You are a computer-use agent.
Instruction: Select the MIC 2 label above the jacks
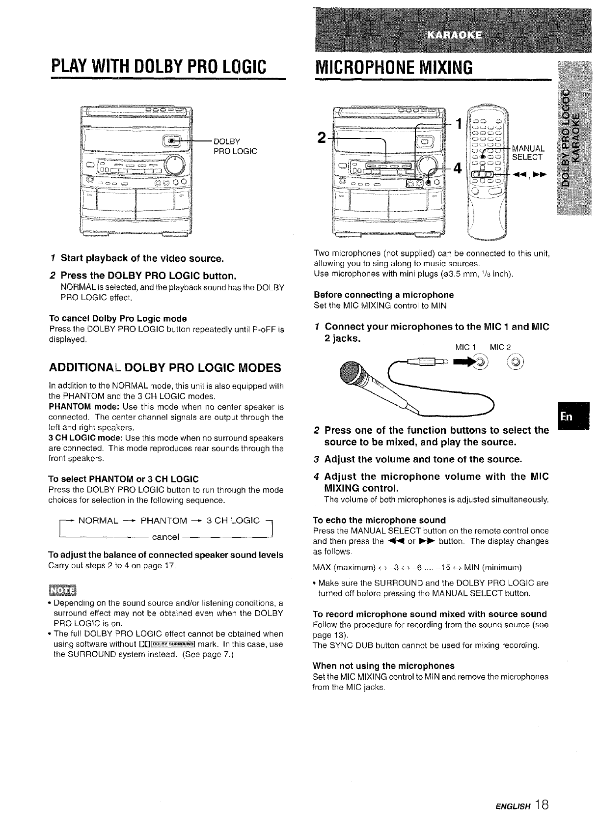(501, 348)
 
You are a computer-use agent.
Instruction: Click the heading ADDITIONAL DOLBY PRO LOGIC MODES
(165, 368)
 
